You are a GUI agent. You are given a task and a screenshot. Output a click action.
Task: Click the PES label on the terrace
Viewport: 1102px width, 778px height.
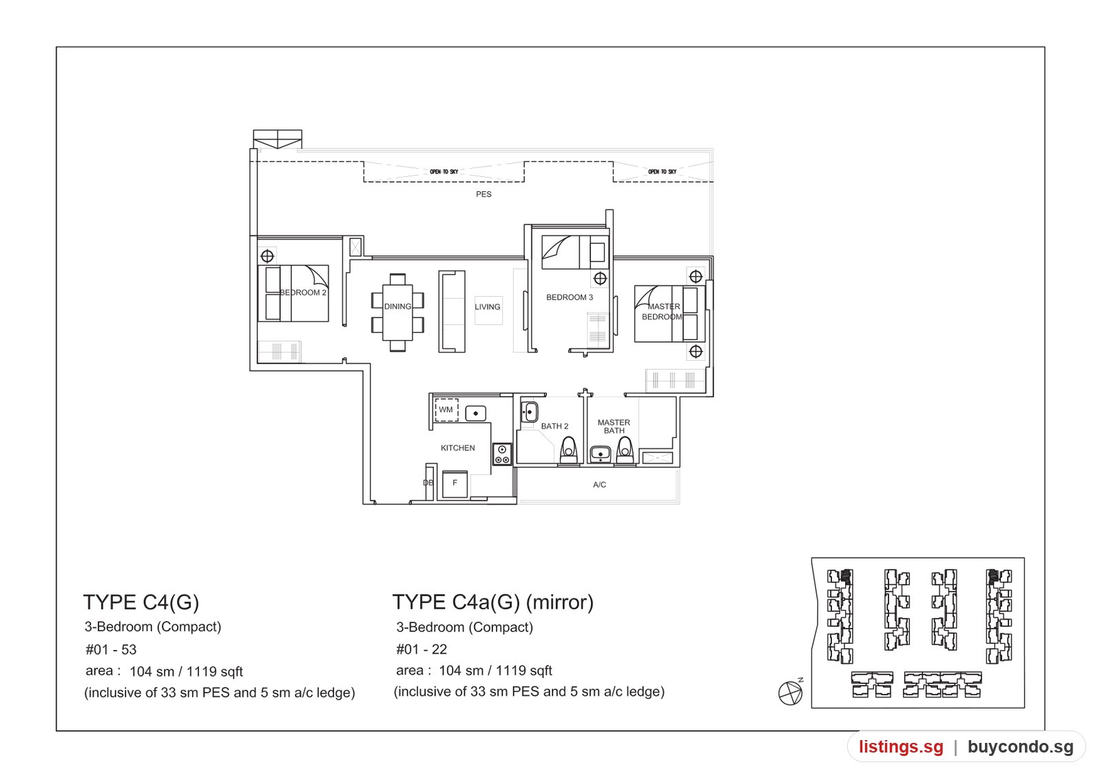[x=484, y=194]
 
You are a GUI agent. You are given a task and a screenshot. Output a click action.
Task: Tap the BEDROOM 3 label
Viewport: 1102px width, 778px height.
[x=570, y=297]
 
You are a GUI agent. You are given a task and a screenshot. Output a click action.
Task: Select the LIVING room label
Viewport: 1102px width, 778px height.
[x=488, y=307]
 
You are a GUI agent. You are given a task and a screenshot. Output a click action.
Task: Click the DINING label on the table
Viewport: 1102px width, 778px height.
[x=397, y=306]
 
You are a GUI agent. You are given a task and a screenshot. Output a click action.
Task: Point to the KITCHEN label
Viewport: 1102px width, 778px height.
[x=457, y=448]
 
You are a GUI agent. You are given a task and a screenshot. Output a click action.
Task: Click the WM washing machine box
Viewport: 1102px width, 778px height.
[x=446, y=410]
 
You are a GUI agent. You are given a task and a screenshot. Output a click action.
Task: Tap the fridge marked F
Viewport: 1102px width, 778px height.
[x=455, y=485]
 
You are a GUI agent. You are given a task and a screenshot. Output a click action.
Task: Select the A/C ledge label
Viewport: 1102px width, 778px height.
[x=599, y=485]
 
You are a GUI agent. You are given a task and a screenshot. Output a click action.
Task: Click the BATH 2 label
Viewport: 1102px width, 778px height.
[x=554, y=426]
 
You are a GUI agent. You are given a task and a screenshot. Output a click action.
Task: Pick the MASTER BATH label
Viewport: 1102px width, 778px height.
[x=614, y=426]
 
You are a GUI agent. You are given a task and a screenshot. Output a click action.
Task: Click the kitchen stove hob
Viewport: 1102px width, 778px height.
[x=502, y=454]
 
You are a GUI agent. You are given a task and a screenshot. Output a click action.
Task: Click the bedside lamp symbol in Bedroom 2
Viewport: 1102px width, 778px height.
[x=267, y=256]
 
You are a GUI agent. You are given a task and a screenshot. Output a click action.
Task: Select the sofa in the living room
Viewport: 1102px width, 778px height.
[x=452, y=311]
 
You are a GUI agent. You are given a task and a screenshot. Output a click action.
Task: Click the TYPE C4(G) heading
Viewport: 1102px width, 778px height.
[x=141, y=602]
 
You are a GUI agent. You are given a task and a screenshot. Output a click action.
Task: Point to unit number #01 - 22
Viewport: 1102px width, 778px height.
[x=422, y=650]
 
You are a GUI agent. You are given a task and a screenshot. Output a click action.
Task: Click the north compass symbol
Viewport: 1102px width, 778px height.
[x=791, y=693]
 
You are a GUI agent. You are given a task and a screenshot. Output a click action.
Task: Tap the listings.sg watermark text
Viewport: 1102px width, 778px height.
[x=902, y=747]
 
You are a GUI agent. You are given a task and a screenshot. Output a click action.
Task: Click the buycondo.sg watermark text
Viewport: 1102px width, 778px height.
[x=1021, y=747]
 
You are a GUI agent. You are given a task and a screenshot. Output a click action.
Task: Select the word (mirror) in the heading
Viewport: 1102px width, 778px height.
[x=560, y=602]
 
